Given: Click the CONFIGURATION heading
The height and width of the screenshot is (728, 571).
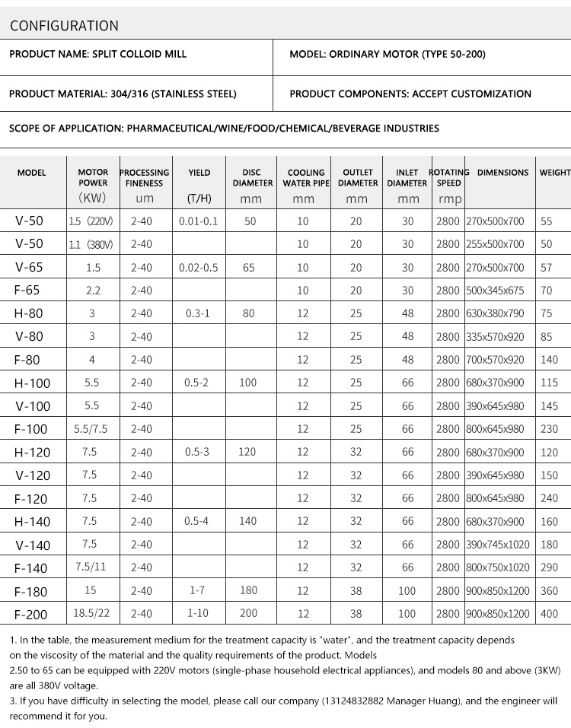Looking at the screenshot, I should (x=64, y=26).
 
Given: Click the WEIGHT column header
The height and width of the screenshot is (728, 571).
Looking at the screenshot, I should (x=555, y=173).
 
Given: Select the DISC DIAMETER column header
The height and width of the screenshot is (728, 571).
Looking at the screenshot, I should (x=251, y=177).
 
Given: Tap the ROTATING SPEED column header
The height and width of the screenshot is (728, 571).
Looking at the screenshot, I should (x=449, y=177).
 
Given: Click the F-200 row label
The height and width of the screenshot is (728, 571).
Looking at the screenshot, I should (x=30, y=613).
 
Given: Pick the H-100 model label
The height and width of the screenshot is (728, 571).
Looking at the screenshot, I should (x=31, y=383).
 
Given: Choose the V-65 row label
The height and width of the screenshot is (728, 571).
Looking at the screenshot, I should (x=30, y=268).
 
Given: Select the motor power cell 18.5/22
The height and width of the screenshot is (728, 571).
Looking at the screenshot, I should (x=91, y=613).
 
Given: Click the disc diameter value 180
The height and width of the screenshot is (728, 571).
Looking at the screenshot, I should (x=247, y=590).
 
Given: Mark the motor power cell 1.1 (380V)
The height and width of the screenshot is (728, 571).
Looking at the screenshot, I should (x=91, y=244).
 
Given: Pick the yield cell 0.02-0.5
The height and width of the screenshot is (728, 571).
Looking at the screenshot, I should (x=198, y=268).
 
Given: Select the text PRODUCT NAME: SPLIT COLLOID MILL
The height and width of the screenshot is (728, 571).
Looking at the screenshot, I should (x=97, y=55).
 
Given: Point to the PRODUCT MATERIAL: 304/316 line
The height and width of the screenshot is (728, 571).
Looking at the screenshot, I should (x=123, y=94).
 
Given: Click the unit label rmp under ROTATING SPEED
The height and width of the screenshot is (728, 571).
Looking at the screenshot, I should (x=445, y=199).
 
